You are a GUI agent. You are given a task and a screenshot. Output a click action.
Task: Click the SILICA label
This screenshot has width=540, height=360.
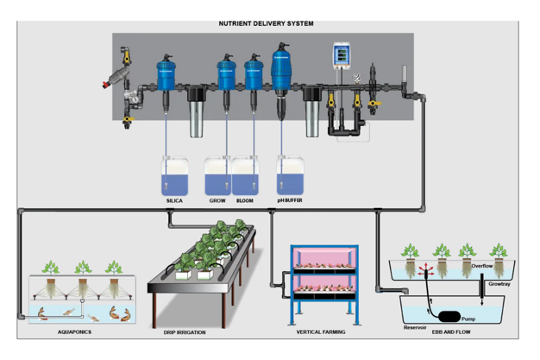pos(174,200)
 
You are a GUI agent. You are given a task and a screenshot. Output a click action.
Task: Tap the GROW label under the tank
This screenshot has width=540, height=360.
pos(217,200)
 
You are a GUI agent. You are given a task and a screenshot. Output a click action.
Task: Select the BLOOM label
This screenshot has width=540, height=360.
pos(244,200)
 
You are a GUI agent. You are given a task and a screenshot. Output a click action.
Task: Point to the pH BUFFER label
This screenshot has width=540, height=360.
pos(290,200)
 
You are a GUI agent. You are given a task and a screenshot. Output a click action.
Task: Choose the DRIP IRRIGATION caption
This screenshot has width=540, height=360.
pos(185,332)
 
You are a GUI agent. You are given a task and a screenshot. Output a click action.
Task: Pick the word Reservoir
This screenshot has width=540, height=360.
pos(415,327)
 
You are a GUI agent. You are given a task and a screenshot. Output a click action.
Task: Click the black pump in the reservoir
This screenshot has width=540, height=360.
pos(449,316)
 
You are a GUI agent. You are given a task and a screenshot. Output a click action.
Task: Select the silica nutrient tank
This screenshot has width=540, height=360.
pos(174,176)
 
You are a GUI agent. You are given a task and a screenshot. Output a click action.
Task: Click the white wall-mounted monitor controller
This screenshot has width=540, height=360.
pos(343,55)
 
